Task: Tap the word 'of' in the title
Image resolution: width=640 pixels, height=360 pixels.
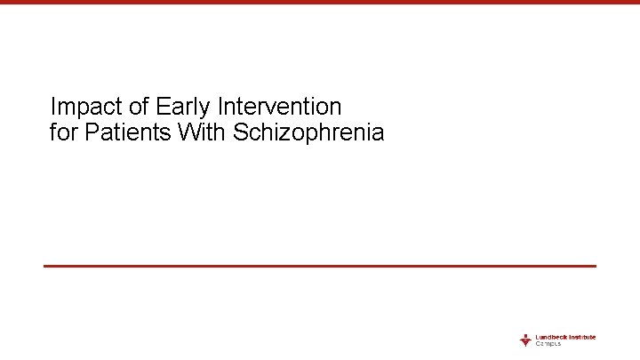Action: (x=139, y=108)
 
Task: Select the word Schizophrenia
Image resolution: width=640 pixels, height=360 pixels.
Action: (x=308, y=133)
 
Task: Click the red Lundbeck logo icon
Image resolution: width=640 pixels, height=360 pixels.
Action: (x=525, y=340)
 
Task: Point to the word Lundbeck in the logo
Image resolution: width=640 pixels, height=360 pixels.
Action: (x=550, y=337)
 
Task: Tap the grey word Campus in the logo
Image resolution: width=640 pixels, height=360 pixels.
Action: (x=548, y=344)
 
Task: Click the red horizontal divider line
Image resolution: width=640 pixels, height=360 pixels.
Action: (x=320, y=266)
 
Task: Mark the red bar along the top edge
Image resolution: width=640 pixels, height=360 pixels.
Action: (x=320, y=3)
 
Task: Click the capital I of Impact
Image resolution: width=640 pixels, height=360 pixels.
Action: (x=53, y=108)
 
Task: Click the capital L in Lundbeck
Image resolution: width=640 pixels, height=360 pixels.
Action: (x=537, y=337)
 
